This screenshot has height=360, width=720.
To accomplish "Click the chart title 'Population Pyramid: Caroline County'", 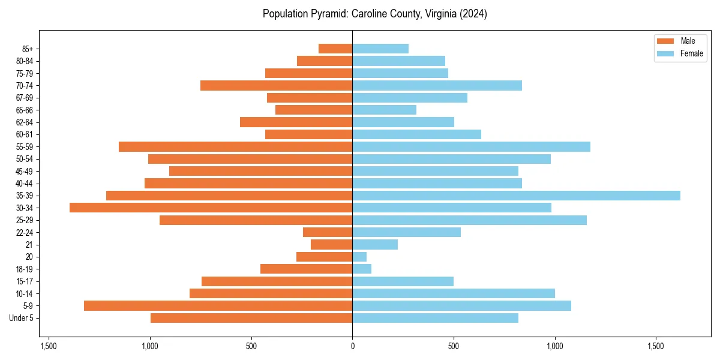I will [x=374, y=14].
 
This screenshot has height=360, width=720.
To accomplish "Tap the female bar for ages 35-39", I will [x=516, y=196].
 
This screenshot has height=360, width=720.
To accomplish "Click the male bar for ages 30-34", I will [x=211, y=208].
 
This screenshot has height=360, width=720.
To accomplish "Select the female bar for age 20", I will [x=359, y=257].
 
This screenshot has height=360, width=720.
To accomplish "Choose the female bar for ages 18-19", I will [x=362, y=269].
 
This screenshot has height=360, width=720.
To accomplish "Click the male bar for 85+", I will [x=335, y=49].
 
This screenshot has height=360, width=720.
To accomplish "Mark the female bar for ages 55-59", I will [x=471, y=146].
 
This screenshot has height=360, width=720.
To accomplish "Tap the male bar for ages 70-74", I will [x=276, y=85].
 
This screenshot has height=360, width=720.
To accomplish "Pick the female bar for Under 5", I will [x=435, y=318].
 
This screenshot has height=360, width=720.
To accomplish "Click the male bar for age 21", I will [x=331, y=244].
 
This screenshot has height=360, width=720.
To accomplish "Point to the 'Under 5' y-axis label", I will [x=22, y=318].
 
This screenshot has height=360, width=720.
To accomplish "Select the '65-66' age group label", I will [x=25, y=110].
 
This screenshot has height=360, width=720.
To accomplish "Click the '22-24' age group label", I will [x=25, y=232].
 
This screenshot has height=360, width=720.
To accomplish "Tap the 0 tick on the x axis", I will [x=352, y=346].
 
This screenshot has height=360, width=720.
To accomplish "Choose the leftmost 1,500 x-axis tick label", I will [x=49, y=346].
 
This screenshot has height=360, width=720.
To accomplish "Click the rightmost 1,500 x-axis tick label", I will [x=656, y=346].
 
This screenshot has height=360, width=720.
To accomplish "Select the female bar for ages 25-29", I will [x=469, y=220].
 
